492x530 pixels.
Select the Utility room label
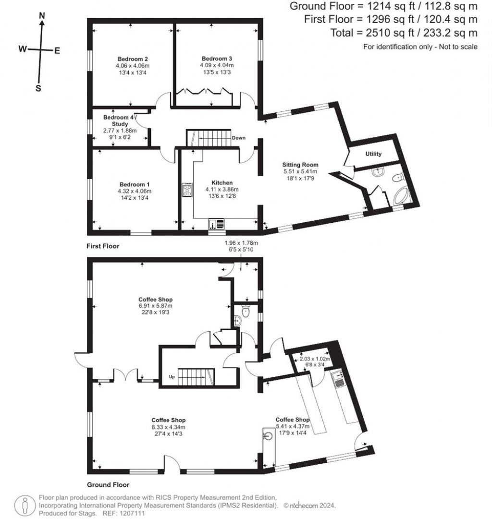click(x=373, y=154)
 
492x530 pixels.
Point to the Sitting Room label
click(x=300, y=165)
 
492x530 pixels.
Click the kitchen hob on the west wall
click(x=186, y=191)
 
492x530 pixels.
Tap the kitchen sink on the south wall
click(x=217, y=224)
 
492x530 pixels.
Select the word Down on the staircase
click(x=239, y=138)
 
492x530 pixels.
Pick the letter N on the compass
click(x=42, y=16)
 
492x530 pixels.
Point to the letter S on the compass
click(x=38, y=88)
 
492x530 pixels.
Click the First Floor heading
click(x=102, y=246)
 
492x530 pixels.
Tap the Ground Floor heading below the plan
click(x=108, y=485)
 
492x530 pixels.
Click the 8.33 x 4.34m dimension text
click(x=168, y=427)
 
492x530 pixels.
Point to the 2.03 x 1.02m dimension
click(x=316, y=358)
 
